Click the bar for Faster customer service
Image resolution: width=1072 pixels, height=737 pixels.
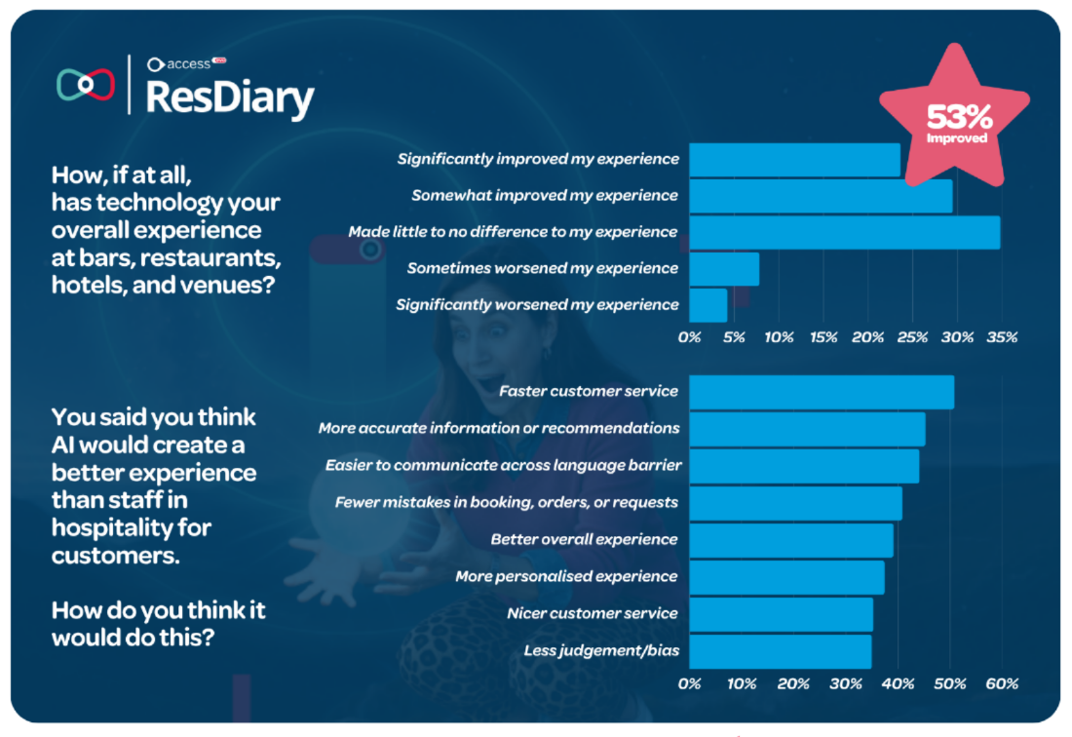click(821, 392)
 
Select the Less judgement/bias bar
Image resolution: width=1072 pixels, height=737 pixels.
click(780, 651)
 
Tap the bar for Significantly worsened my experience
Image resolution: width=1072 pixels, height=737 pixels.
click(708, 305)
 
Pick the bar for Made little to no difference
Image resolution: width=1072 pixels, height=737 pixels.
click(844, 232)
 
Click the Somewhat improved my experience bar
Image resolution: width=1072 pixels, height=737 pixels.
click(820, 196)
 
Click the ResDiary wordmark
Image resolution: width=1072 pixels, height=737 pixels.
click(230, 97)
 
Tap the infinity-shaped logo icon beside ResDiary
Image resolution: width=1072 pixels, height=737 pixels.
click(85, 85)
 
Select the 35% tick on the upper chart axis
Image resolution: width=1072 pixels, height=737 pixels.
click(1002, 337)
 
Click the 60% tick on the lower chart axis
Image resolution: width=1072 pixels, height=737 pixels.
click(1002, 683)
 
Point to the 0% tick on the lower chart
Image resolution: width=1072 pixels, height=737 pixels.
click(689, 683)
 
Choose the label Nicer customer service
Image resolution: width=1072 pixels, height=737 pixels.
click(592, 613)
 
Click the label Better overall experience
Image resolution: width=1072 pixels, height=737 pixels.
click(584, 539)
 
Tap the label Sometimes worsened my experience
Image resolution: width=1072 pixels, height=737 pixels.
click(542, 268)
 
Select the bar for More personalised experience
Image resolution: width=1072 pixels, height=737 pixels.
click(786, 577)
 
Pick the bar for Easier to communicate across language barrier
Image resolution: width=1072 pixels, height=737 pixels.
click(803, 466)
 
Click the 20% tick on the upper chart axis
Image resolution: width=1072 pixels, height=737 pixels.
click(867, 337)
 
